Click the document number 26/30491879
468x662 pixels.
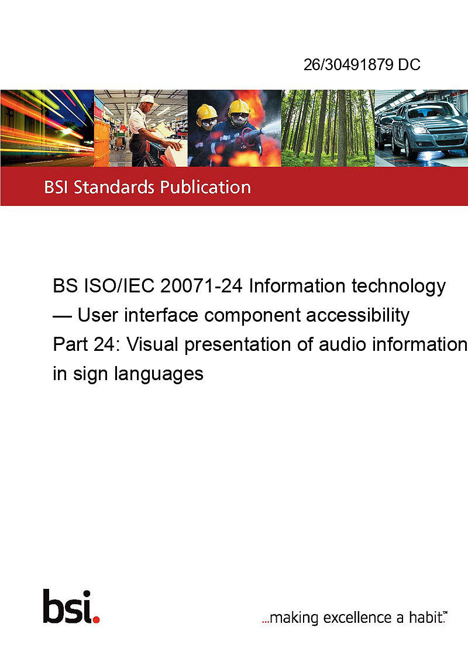click(348, 64)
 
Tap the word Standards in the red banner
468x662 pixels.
click(114, 187)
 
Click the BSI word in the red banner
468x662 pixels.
click(56, 187)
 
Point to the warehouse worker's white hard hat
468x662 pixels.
click(147, 99)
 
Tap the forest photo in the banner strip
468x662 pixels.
click(328, 128)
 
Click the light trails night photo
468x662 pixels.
click(47, 128)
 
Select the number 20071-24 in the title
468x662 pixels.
click(201, 286)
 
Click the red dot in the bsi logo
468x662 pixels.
click(96, 619)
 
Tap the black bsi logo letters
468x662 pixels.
click(68, 606)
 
